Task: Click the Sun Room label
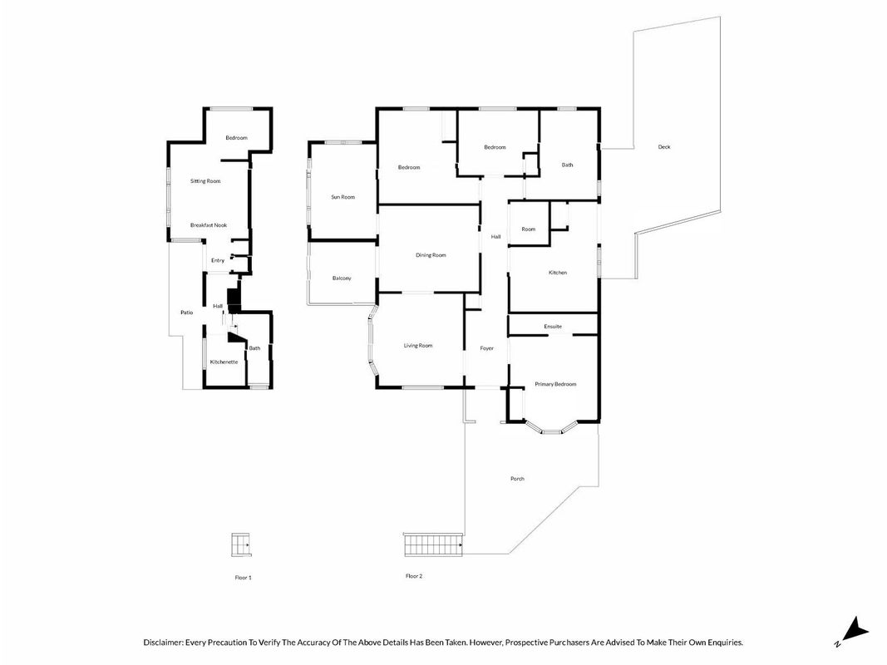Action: pos(342,197)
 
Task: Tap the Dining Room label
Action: pos(431,255)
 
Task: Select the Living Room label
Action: pos(418,346)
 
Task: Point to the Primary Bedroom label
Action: pos(555,385)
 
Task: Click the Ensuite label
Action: pos(553,327)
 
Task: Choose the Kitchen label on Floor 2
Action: pos(558,273)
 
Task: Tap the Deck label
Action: pos(664,147)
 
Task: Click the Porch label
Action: pos(517,479)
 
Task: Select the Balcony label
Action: pos(342,278)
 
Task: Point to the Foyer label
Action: pos(486,349)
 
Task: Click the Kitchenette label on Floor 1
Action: pos(224,362)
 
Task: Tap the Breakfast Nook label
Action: pos(209,225)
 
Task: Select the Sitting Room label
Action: pos(205,181)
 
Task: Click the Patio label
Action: pos(187,313)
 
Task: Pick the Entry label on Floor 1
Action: pos(218,261)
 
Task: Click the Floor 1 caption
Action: pos(244,578)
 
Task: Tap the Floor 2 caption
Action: pos(414,576)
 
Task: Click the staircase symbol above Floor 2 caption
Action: pos(433,544)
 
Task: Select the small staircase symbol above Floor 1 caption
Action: pos(240,544)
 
